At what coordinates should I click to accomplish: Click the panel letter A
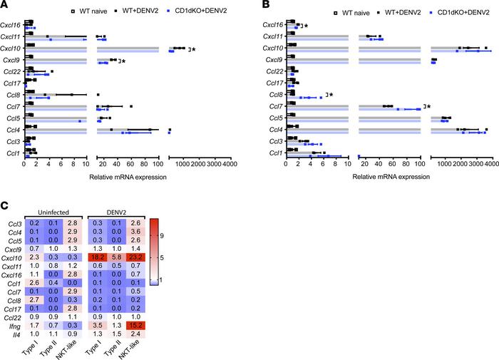pyautogui.click(x=5, y=6)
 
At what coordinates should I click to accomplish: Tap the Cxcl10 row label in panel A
pyautogui.click(x=12, y=48)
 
